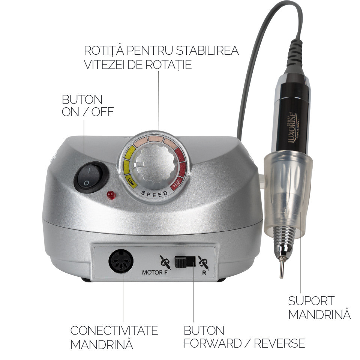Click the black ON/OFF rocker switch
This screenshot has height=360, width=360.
click(x=91, y=177)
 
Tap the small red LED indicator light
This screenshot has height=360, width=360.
click(x=111, y=195)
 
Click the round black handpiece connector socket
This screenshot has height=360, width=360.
click(x=121, y=261)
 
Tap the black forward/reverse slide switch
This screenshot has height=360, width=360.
click(x=185, y=262)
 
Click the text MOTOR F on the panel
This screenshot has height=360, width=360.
click(x=155, y=273)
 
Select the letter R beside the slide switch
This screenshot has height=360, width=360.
click(x=204, y=273)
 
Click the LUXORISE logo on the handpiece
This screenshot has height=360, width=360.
click(x=292, y=127)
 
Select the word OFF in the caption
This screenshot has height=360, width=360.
click(x=102, y=112)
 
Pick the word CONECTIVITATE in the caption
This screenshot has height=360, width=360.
click(x=114, y=330)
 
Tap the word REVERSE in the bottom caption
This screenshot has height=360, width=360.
click(x=279, y=343)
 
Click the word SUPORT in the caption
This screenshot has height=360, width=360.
click(x=311, y=301)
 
